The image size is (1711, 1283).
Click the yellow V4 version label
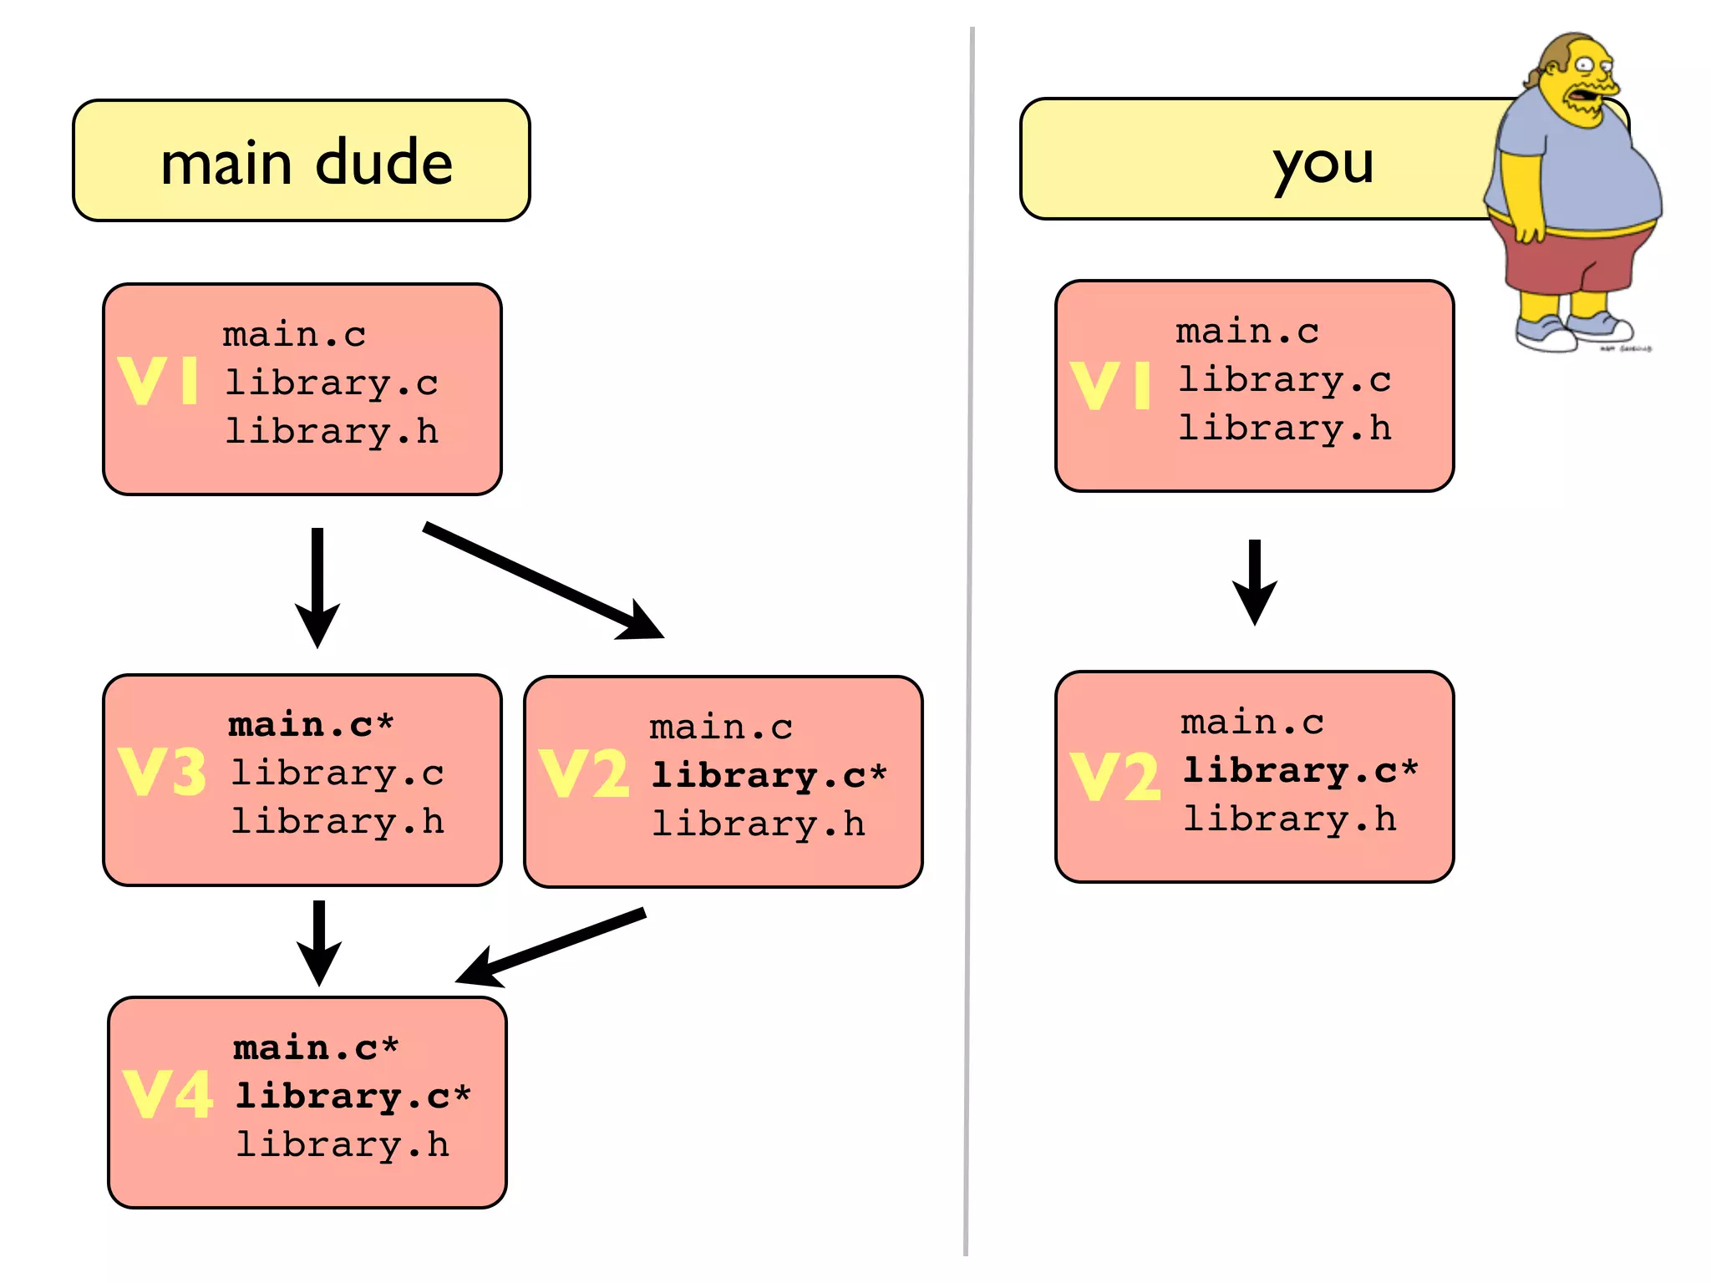pos(167,1094)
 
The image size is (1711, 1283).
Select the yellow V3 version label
pos(162,772)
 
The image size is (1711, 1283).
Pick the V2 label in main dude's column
pos(583,773)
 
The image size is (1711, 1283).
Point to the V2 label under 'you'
pos(1115,777)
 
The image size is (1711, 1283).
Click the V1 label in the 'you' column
pos(1110,386)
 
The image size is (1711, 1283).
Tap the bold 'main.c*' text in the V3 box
pos(310,724)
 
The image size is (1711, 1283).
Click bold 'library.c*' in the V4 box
pos(352,1096)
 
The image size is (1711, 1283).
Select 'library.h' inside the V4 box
pos(342,1144)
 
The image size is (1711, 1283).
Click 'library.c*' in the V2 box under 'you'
pos(1300,770)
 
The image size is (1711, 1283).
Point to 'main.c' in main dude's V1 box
pos(294,335)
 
